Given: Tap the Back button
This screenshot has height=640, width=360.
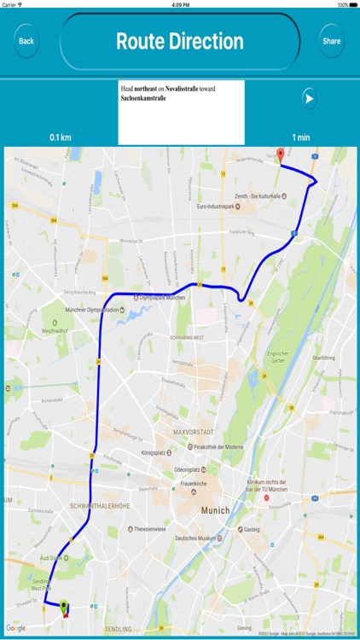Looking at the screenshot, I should (26, 41).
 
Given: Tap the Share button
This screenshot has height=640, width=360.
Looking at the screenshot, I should (332, 41).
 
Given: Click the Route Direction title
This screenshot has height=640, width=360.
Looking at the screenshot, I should (179, 41).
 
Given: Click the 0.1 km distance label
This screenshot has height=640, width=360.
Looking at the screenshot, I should (60, 137).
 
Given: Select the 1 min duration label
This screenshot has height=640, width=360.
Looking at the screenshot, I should (300, 137).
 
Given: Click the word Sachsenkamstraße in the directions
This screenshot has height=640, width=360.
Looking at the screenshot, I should (143, 98).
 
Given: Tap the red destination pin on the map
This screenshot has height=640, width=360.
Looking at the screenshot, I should (281, 156).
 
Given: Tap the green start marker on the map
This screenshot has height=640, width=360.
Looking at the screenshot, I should (64, 607).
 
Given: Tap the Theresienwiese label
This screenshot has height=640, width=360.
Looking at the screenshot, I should (153, 528).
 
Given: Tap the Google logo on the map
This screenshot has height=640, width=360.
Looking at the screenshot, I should (17, 628).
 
